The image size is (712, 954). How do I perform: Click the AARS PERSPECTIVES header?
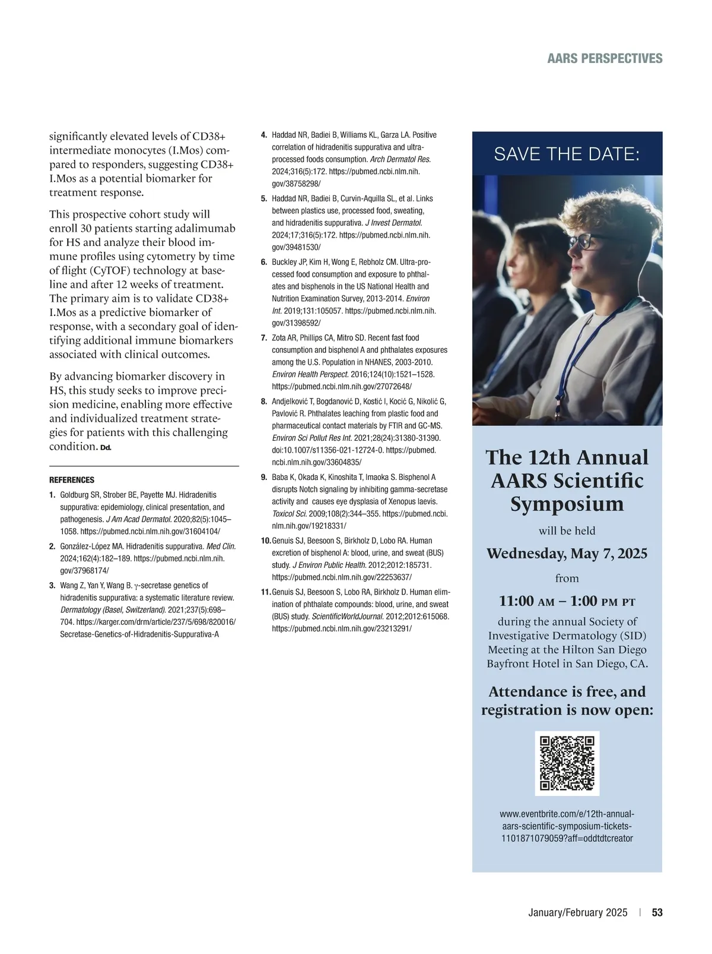(x=605, y=58)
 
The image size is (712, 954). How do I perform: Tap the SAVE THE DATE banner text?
(x=567, y=154)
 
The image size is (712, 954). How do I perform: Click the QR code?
(x=567, y=763)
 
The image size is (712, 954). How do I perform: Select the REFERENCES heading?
(x=71, y=480)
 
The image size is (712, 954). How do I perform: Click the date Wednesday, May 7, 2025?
(x=567, y=554)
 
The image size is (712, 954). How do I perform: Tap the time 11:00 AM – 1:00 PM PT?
(x=567, y=601)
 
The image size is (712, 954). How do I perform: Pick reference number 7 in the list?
(x=264, y=338)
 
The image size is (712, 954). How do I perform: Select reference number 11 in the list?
(x=266, y=592)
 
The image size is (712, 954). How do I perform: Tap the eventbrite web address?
(x=567, y=826)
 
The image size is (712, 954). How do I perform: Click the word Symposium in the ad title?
(x=567, y=504)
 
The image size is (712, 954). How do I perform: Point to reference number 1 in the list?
(x=52, y=495)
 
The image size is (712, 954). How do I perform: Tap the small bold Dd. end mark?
(x=106, y=447)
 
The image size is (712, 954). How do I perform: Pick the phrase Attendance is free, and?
(x=567, y=691)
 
